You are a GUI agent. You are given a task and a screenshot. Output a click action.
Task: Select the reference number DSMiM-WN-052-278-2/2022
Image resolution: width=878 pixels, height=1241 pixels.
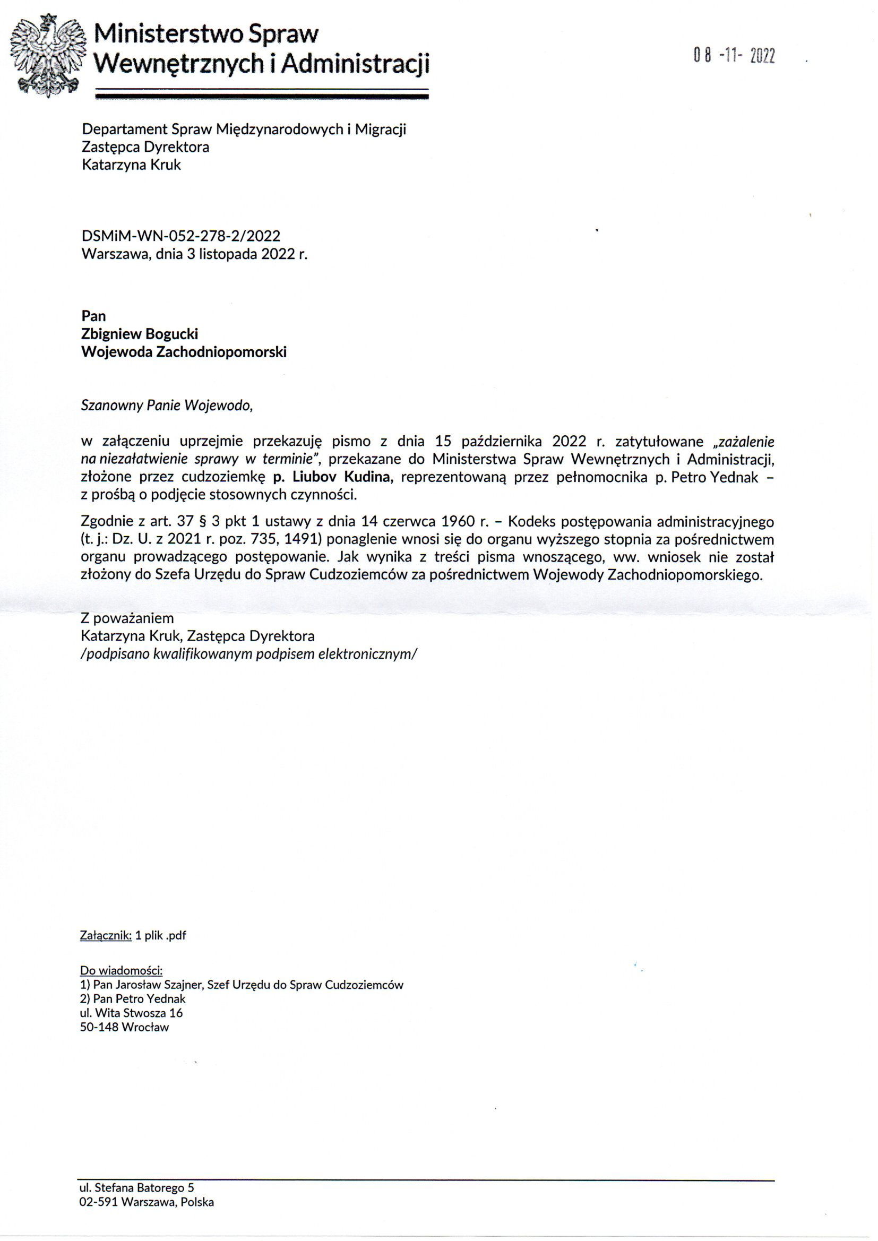click(x=180, y=236)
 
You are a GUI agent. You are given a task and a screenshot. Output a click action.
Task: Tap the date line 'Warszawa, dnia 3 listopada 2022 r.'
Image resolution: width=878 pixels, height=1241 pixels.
click(x=194, y=254)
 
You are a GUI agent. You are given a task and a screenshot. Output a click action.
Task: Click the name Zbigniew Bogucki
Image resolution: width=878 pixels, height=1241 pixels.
click(x=140, y=334)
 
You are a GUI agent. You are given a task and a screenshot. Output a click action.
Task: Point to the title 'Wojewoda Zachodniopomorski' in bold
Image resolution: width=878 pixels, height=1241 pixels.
click(x=184, y=352)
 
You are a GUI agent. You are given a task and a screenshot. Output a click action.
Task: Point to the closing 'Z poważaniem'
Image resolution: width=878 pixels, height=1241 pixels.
click(x=127, y=618)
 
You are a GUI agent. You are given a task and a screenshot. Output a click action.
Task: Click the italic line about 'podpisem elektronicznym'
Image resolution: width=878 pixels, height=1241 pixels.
click(x=248, y=653)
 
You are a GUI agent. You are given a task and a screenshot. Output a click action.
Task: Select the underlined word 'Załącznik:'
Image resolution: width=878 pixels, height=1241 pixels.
click(x=106, y=936)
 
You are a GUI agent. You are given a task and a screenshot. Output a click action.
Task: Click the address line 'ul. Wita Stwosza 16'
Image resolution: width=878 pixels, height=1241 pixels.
click(x=131, y=1013)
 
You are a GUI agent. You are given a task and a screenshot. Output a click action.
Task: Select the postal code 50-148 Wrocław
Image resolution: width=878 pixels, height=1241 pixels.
click(x=124, y=1027)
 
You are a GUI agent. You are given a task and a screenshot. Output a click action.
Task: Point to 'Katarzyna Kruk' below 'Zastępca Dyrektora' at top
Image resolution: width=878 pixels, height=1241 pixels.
click(x=131, y=165)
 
